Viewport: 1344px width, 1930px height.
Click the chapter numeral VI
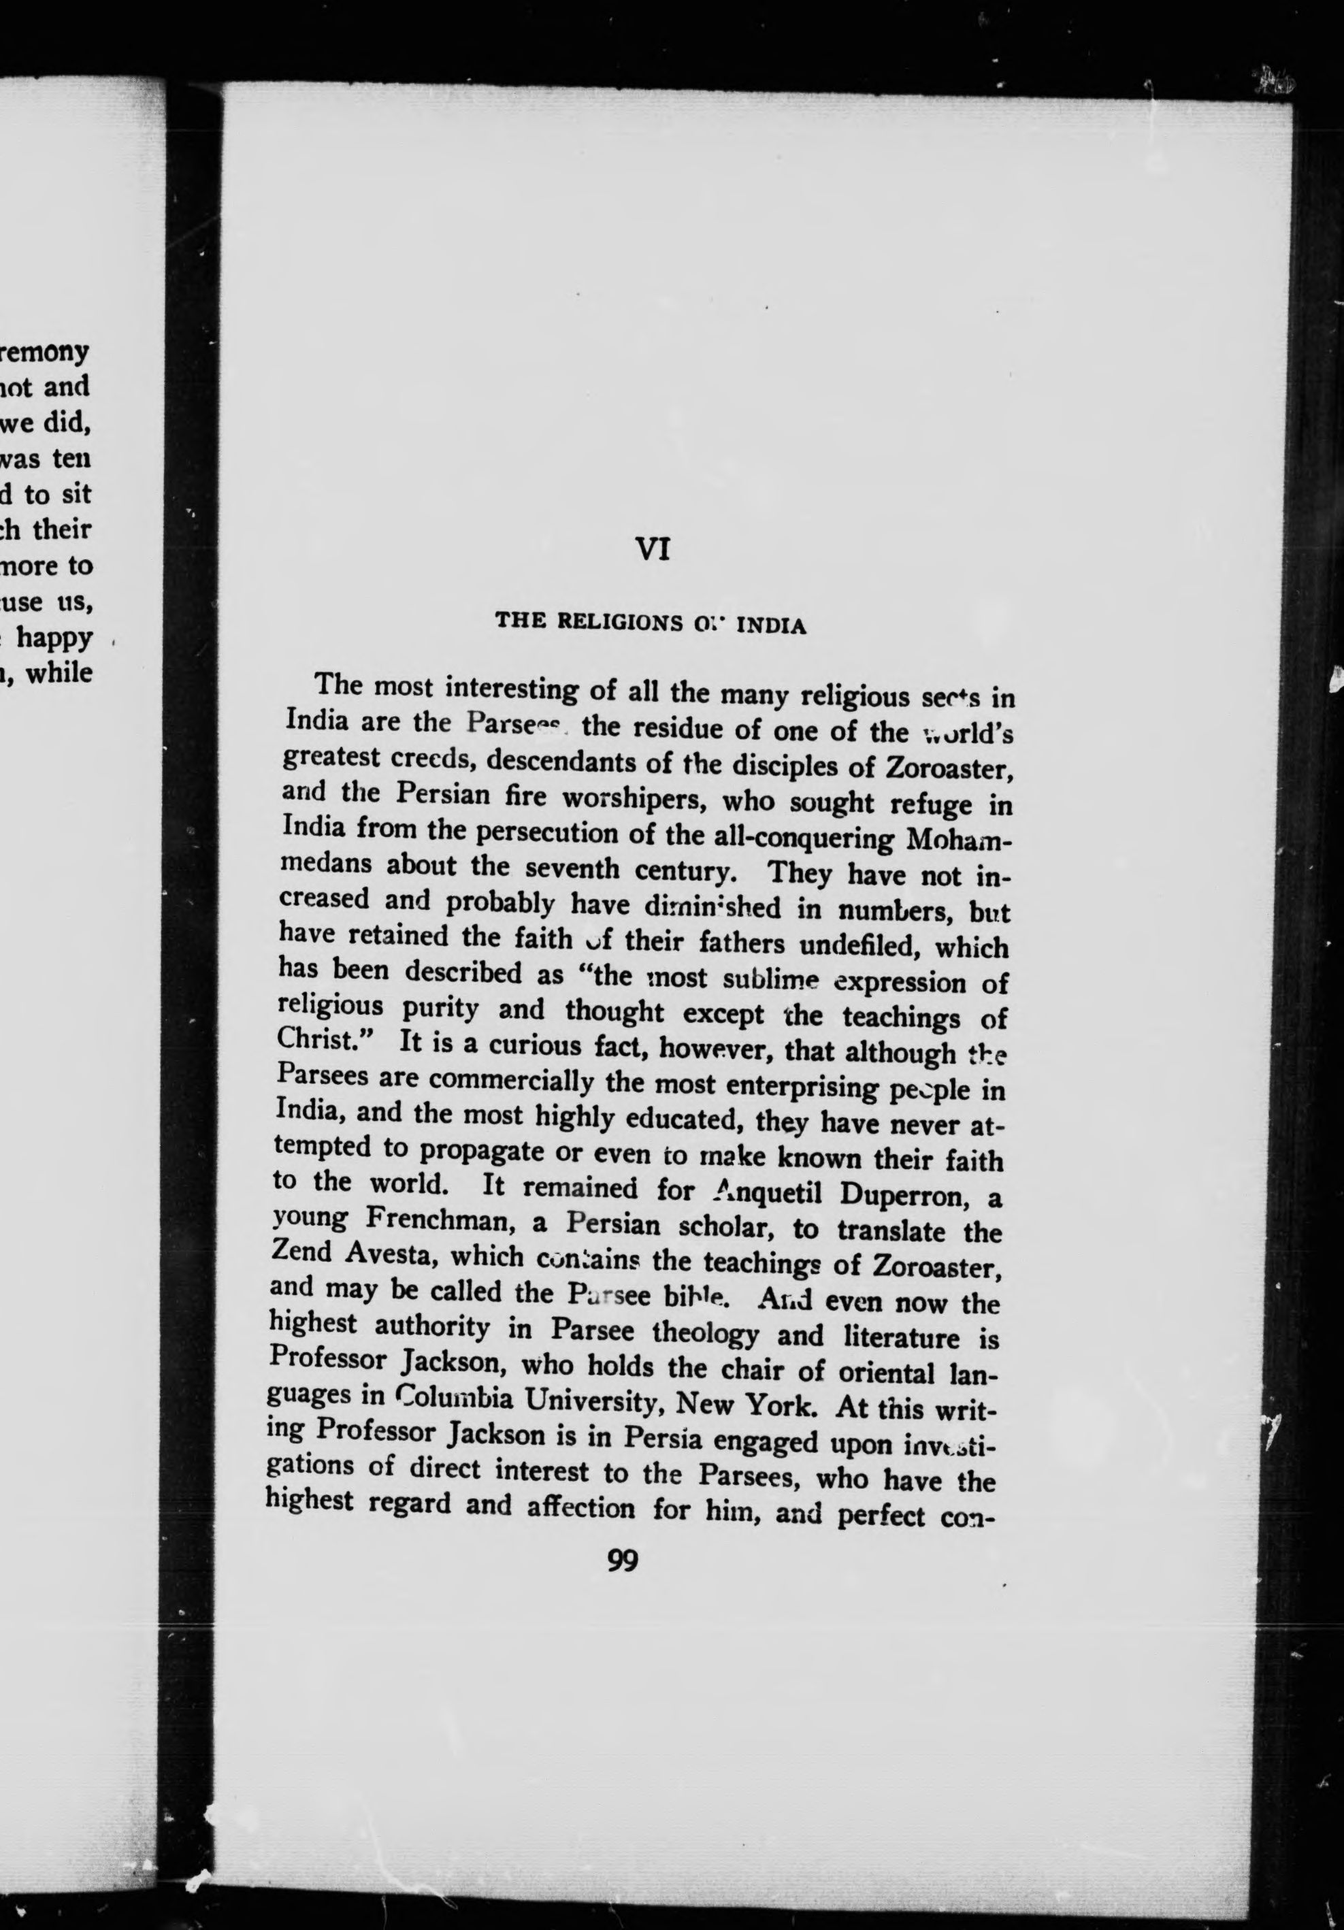pyautogui.click(x=652, y=550)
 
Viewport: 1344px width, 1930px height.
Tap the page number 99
pyautogui.click(x=623, y=1561)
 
